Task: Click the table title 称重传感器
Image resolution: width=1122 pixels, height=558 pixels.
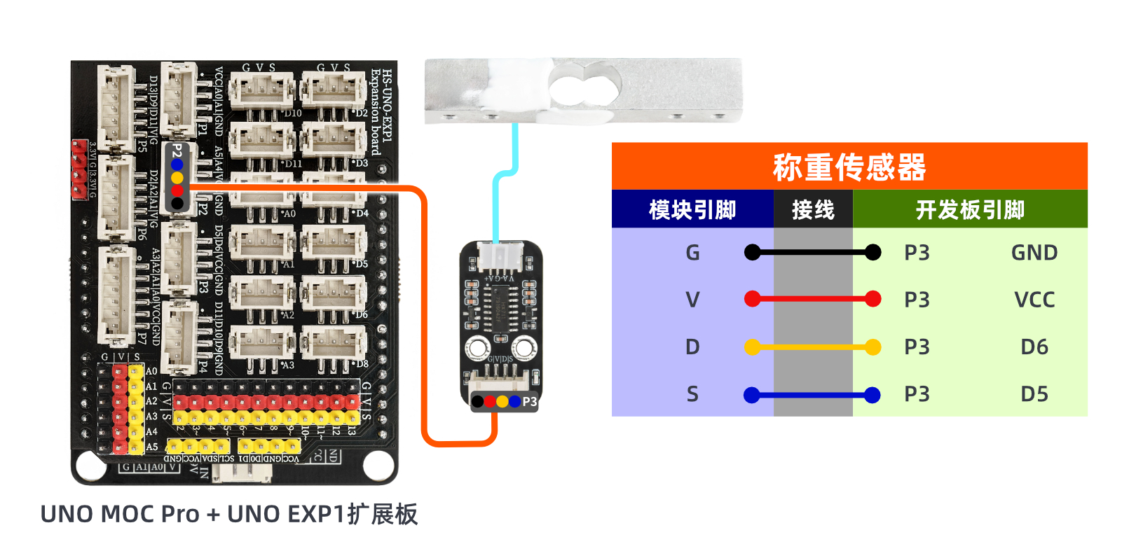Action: [x=849, y=167]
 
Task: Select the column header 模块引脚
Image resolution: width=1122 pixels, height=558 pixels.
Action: [x=692, y=209]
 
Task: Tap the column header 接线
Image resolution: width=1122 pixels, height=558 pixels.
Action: [x=813, y=209]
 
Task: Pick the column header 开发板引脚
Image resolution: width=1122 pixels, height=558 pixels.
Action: [x=970, y=209]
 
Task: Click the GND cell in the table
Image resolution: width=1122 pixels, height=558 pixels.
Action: [x=1034, y=253]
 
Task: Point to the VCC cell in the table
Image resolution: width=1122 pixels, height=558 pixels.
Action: [x=1034, y=300]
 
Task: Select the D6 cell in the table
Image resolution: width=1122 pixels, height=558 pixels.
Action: [x=1034, y=347]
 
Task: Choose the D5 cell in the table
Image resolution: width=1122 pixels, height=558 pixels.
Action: [x=1034, y=394]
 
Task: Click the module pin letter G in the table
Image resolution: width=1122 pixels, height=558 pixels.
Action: [x=692, y=253]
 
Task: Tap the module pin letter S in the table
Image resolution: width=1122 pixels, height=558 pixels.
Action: [x=692, y=394]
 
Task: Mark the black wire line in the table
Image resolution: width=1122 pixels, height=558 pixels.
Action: [x=813, y=253]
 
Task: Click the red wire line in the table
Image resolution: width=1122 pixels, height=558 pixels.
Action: [x=813, y=300]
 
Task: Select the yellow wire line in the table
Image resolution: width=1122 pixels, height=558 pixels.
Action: [x=813, y=347]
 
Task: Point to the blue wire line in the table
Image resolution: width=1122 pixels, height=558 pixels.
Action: [x=813, y=396]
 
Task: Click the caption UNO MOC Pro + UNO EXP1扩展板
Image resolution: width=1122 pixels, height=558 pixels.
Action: [x=229, y=514]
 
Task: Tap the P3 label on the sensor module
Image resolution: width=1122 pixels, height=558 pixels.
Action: [x=529, y=402]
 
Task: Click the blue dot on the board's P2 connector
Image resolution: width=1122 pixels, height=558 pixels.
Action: [x=177, y=165]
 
